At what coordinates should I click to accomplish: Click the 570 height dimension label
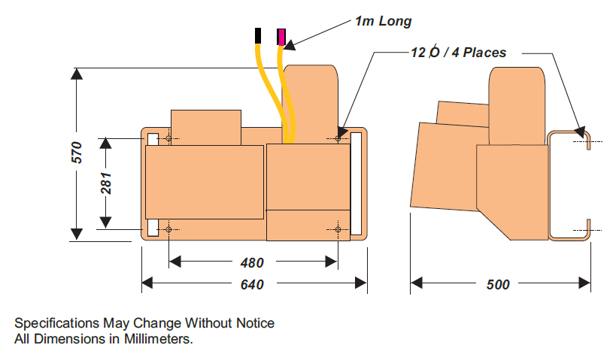(x=77, y=153)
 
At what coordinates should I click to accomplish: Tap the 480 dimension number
(x=252, y=263)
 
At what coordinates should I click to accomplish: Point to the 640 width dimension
(x=252, y=284)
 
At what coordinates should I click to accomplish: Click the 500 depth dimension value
(x=498, y=284)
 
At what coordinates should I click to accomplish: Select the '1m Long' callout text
(x=384, y=21)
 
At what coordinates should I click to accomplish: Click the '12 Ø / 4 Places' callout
(x=458, y=53)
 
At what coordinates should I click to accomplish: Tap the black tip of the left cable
(x=259, y=35)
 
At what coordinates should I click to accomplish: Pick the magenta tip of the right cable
(x=281, y=37)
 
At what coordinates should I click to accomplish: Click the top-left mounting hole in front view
(x=168, y=139)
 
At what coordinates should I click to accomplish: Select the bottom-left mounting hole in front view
(x=168, y=228)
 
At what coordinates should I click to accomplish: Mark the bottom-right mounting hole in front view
(x=338, y=228)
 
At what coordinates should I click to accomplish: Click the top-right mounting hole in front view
(x=338, y=139)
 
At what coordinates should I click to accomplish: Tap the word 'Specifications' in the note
(x=56, y=323)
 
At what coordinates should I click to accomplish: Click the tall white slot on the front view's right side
(x=356, y=184)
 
